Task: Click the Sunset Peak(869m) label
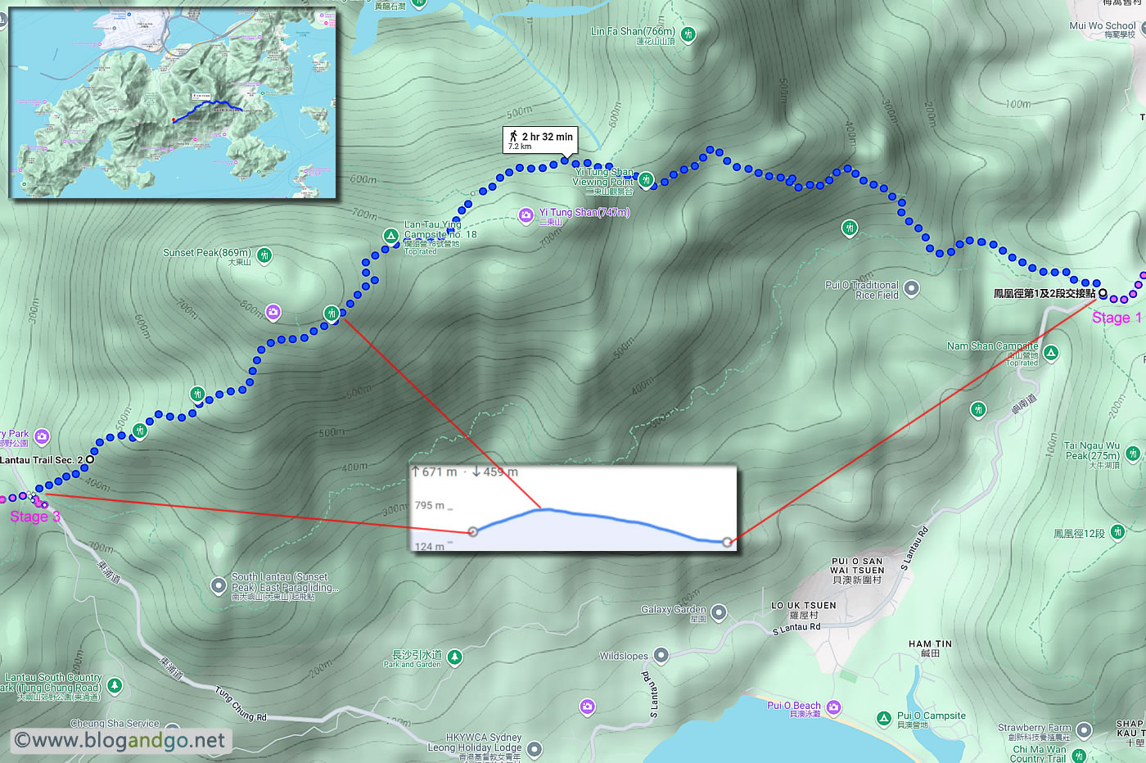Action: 207,253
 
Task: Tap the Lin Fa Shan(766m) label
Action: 633,32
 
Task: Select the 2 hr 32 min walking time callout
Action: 540,140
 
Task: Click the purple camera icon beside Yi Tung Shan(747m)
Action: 526,214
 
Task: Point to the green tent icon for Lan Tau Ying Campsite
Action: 391,236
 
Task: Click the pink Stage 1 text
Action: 1116,318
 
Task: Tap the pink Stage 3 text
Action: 34,517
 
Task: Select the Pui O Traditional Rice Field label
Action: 861,290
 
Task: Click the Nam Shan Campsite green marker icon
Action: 1051,353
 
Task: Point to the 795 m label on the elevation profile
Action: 430,505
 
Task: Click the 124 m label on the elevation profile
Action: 430,547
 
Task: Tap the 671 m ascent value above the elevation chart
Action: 435,472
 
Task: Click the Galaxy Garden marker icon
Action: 718,612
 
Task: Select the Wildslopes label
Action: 624,656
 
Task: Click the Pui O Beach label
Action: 793,706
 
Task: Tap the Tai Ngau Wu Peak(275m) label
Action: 1092,451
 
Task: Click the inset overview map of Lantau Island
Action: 173,103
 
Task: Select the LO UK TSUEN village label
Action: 803,606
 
